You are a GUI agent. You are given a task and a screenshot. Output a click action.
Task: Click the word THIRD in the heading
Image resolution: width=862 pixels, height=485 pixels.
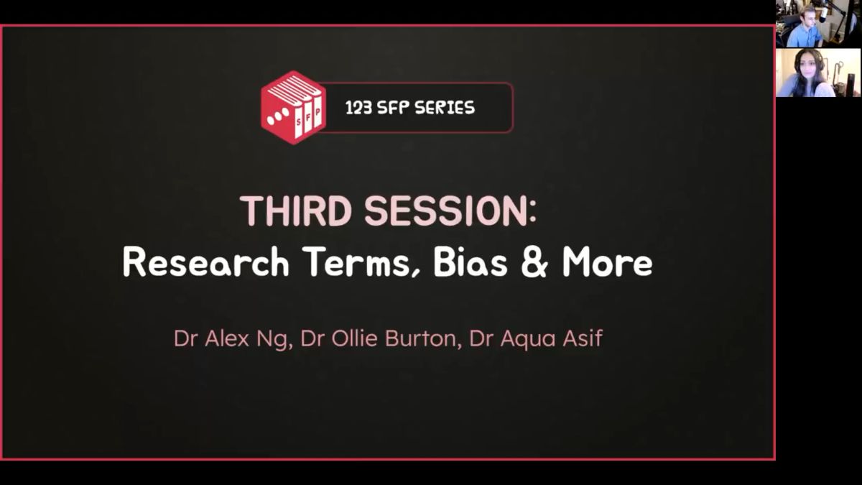click(296, 211)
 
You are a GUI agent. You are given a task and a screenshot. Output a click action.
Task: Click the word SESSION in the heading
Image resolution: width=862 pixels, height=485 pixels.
click(445, 211)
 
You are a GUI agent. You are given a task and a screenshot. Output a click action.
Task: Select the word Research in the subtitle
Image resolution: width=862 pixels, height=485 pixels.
click(206, 262)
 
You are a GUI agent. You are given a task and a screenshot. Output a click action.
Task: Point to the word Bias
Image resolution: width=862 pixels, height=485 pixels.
click(471, 262)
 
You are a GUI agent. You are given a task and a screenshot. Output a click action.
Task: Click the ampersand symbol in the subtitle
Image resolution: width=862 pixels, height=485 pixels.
click(534, 262)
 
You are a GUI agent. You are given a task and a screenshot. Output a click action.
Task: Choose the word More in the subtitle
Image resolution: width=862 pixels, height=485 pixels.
click(607, 262)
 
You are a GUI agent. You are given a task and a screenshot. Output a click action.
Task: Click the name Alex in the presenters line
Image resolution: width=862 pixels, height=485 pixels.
click(227, 338)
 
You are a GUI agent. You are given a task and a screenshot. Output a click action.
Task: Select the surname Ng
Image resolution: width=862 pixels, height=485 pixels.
click(274, 339)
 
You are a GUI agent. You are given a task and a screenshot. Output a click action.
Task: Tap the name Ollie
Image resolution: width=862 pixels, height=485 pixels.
click(354, 338)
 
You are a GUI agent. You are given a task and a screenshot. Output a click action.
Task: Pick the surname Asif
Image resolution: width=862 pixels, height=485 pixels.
click(583, 338)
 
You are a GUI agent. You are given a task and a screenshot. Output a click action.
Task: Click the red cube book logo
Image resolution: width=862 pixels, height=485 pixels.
click(293, 107)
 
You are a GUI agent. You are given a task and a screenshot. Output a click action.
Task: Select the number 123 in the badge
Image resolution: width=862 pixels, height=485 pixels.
click(358, 108)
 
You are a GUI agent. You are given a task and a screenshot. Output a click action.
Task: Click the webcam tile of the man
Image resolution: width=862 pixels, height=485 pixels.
click(818, 24)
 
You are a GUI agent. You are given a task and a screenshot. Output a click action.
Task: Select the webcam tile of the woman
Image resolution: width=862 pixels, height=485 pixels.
click(818, 73)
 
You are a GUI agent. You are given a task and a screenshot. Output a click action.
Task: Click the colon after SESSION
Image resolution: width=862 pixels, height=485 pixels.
click(532, 213)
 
